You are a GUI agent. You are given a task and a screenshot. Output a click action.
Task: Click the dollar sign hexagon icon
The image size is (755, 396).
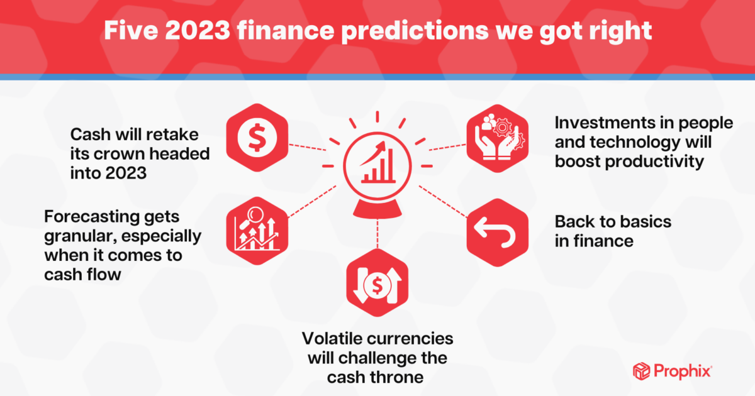click(256, 136)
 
